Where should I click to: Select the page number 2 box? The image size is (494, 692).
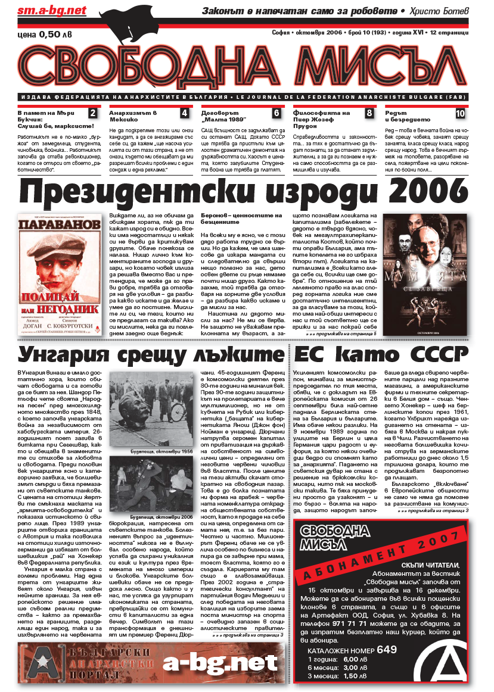pos(92,113)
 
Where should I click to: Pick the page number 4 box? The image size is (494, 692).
pos(184,113)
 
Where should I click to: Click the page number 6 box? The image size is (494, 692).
pos(276,113)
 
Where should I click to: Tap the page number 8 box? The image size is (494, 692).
pos(369,113)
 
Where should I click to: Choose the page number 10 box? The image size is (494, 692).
pos(461,113)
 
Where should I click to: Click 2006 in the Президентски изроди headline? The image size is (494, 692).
pos(427,192)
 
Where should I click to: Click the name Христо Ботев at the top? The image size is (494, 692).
pos(441,11)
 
